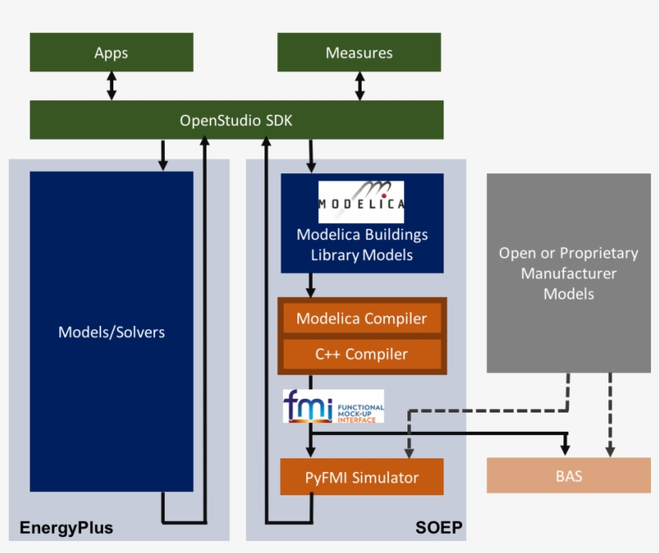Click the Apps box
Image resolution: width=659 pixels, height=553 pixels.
112,53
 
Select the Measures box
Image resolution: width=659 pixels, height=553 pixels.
359,53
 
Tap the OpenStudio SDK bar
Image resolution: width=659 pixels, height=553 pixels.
236,120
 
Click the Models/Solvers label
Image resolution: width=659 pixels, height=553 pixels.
112,331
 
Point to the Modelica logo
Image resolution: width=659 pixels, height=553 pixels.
361,202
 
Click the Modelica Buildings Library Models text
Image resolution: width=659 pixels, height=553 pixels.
362,245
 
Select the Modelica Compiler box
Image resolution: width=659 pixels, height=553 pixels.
361,319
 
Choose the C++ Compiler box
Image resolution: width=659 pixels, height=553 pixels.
361,353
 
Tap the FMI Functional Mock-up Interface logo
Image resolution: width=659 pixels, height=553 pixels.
334,406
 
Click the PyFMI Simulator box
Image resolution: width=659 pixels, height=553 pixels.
362,478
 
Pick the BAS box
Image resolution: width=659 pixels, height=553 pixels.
569,476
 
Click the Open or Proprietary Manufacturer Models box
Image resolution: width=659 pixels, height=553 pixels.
569,273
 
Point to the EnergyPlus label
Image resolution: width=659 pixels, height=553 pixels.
66,528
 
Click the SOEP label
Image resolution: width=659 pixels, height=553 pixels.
439,528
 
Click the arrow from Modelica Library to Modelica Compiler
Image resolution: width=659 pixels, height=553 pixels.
310,286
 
